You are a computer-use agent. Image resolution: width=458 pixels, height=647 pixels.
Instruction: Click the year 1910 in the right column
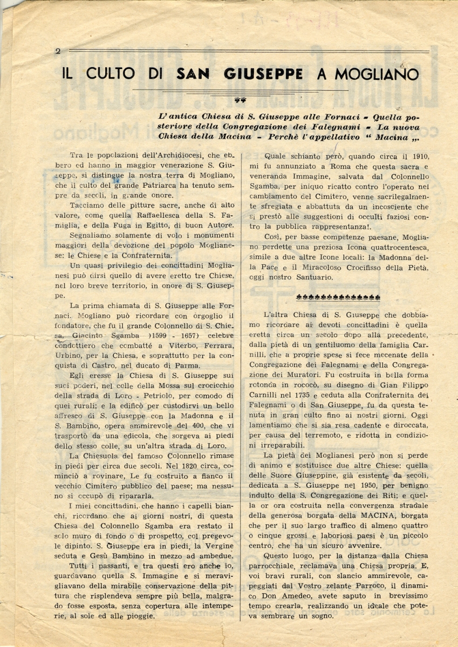click(419, 157)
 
